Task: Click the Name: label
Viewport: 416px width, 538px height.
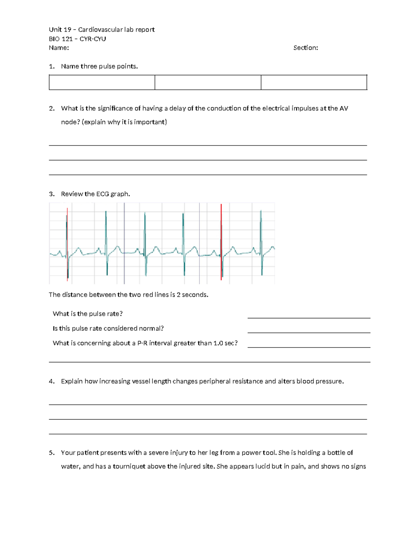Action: point(59,48)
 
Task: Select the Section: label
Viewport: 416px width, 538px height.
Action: point(305,48)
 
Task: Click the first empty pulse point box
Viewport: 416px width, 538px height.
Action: point(102,82)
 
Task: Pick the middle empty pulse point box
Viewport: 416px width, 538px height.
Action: point(208,82)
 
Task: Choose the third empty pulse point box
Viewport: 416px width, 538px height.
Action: point(314,82)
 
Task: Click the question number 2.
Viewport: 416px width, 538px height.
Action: point(52,108)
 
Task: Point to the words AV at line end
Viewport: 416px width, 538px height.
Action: point(344,108)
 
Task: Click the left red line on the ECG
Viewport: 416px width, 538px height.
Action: point(67,242)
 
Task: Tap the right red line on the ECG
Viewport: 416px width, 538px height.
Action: point(221,242)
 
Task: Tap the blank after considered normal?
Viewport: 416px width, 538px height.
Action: point(309,329)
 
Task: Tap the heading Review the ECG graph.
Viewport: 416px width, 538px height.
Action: point(95,194)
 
